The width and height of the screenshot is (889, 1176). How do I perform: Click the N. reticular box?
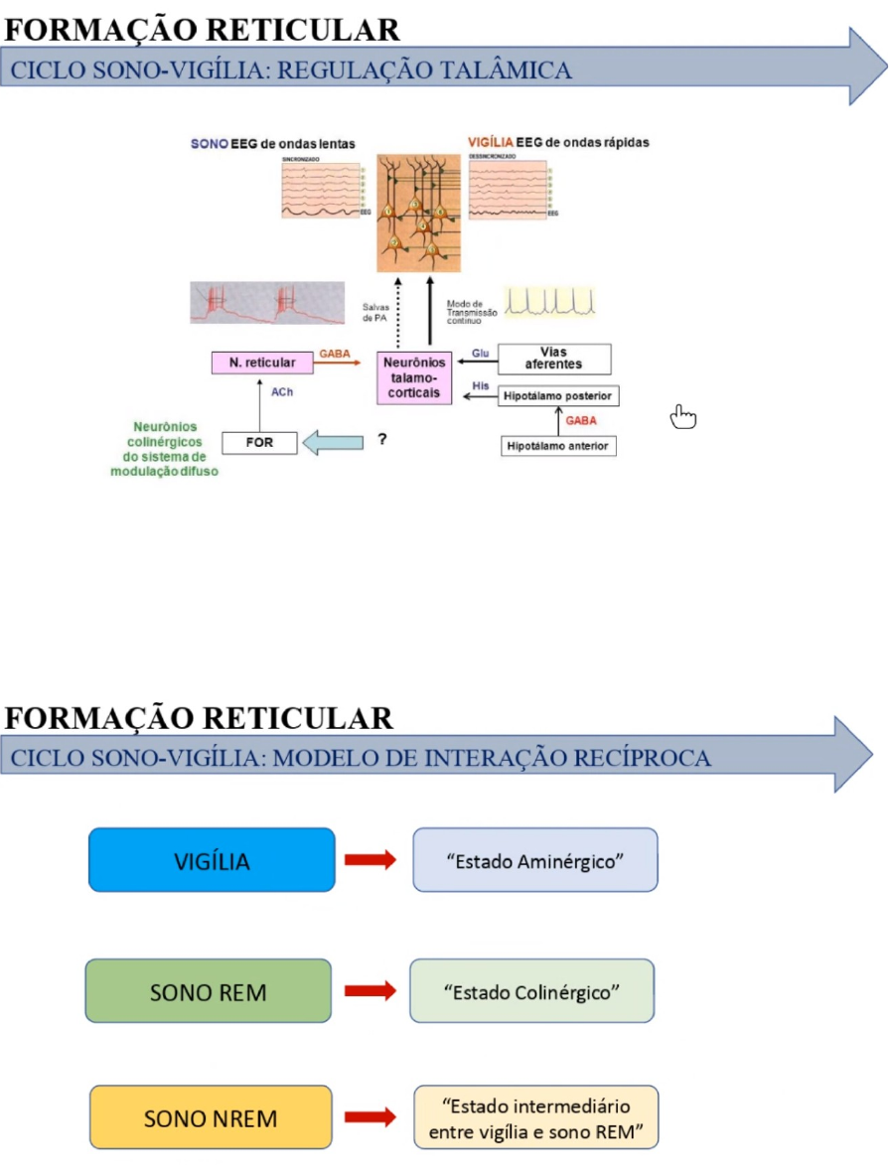pyautogui.click(x=262, y=364)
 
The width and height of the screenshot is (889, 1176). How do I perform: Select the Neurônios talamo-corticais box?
pyautogui.click(x=414, y=377)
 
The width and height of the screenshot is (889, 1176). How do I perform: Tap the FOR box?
pyautogui.click(x=259, y=442)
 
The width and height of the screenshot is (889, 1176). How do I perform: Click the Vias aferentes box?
pyautogui.click(x=553, y=359)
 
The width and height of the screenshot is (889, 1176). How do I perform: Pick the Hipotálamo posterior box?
pyautogui.click(x=557, y=395)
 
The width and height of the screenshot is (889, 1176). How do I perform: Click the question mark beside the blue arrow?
pyautogui.click(x=382, y=439)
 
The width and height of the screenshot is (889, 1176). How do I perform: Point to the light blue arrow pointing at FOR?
pyautogui.click(x=333, y=442)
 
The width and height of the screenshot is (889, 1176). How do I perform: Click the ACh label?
pyautogui.click(x=282, y=393)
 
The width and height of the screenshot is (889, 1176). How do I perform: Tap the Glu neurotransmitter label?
pyautogui.click(x=481, y=354)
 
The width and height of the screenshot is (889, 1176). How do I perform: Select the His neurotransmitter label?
pyautogui.click(x=481, y=385)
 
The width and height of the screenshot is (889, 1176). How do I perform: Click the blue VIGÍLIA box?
pyautogui.click(x=212, y=860)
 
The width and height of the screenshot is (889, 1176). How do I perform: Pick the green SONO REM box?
pyautogui.click(x=209, y=991)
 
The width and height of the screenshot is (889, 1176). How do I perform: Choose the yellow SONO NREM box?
pyautogui.click(x=211, y=1118)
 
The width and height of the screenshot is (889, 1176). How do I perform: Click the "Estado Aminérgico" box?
pyautogui.click(x=534, y=860)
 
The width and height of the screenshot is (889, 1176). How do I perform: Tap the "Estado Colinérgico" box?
pyautogui.click(x=532, y=991)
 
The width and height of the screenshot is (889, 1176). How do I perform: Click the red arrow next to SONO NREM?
pyautogui.click(x=370, y=1118)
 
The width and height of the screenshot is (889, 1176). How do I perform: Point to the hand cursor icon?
pyautogui.click(x=683, y=418)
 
